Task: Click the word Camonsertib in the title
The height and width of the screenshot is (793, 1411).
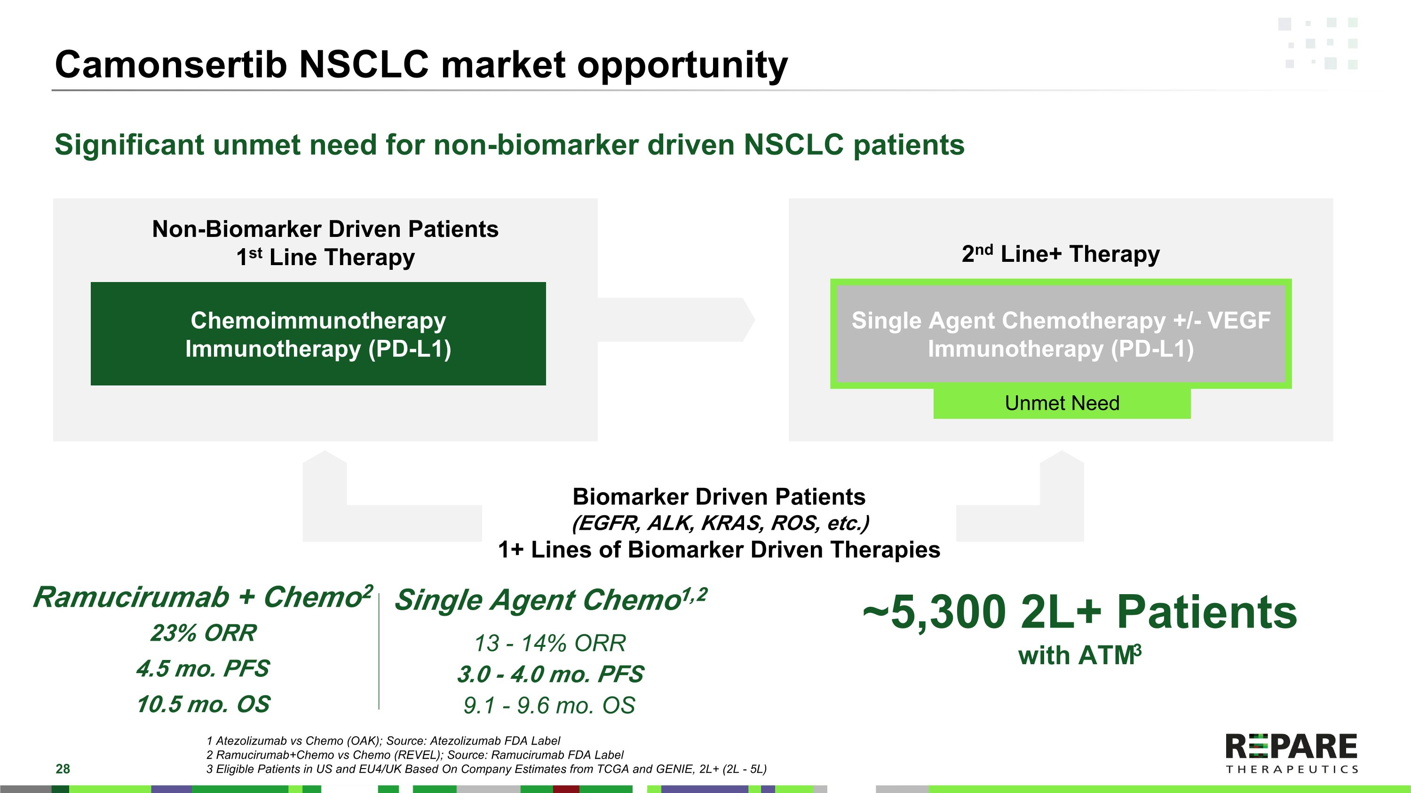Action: click(x=171, y=64)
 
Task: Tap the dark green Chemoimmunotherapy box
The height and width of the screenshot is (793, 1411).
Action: click(x=318, y=334)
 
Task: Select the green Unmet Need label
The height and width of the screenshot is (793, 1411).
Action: click(x=1062, y=403)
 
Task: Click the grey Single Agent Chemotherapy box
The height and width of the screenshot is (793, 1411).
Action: click(x=1061, y=334)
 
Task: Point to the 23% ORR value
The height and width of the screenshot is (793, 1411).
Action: click(x=203, y=633)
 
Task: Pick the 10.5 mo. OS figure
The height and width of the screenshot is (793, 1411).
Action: click(x=203, y=704)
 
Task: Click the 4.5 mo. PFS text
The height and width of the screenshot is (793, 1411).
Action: click(x=203, y=669)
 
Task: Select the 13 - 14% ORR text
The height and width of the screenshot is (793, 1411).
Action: click(x=550, y=643)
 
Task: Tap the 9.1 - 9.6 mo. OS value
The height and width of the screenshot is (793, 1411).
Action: click(x=549, y=706)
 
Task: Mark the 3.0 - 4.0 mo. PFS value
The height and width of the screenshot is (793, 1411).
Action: click(x=550, y=674)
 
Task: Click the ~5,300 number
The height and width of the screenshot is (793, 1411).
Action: click(x=935, y=612)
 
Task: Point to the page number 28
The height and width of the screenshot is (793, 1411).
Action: click(x=63, y=769)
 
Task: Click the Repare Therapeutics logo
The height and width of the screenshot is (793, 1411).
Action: click(x=1292, y=754)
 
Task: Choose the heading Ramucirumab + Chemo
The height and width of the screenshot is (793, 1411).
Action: click(x=203, y=597)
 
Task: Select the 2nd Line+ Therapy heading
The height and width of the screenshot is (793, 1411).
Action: click(x=1061, y=254)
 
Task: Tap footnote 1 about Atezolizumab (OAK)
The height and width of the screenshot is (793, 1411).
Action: click(x=383, y=741)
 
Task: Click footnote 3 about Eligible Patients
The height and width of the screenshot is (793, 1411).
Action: click(x=486, y=769)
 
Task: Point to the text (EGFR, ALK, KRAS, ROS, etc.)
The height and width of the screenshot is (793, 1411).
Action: click(x=720, y=524)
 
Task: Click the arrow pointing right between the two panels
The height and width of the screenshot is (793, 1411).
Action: click(x=676, y=320)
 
